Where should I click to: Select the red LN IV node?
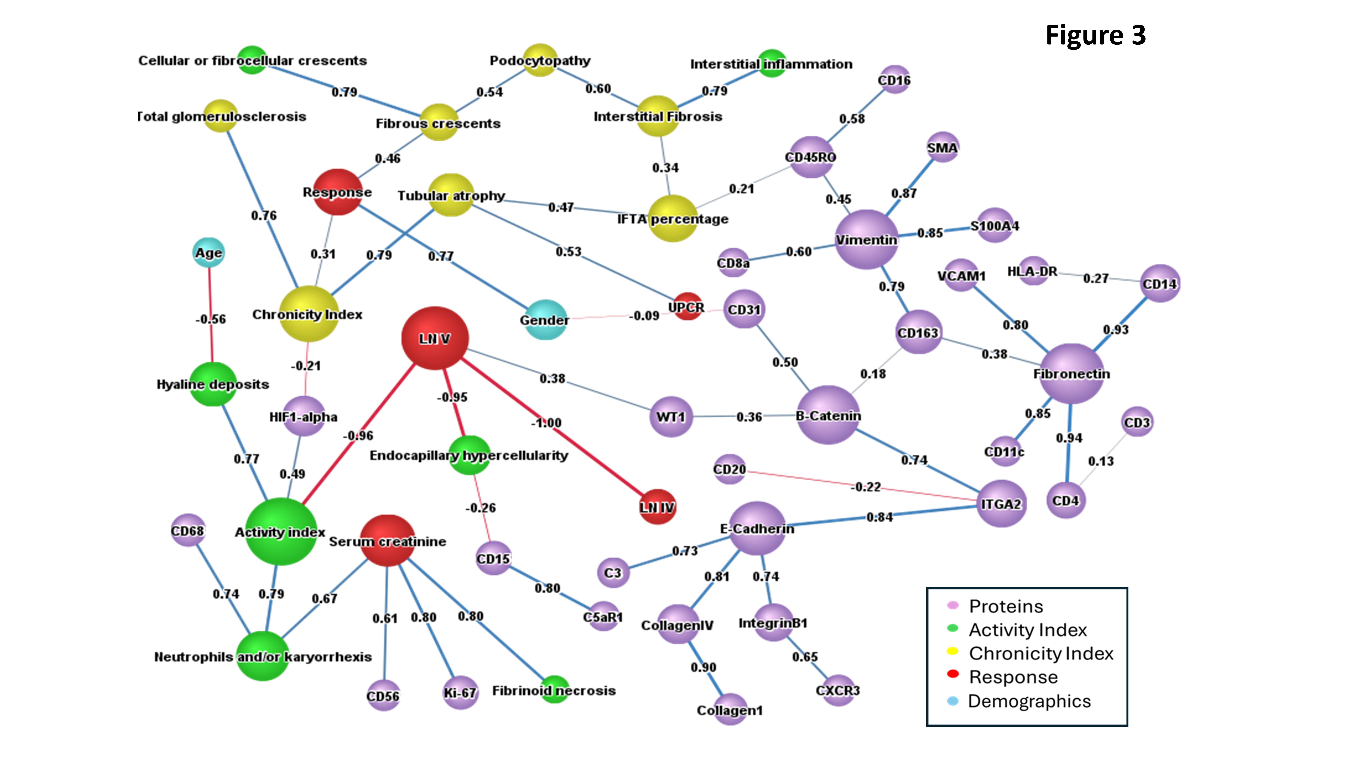tap(657, 506)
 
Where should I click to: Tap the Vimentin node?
tap(866, 240)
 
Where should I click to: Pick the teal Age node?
tap(209, 253)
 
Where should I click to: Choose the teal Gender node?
tap(545, 320)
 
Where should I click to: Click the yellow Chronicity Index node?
tap(308, 314)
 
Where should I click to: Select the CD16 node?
tap(894, 80)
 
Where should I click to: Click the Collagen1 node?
tap(730, 709)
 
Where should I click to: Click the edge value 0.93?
tap(1115, 330)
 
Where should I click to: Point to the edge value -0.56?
tap(211, 319)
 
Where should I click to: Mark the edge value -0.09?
tap(644, 315)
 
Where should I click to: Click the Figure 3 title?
tap(1095, 36)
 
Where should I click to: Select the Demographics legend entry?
tap(1029, 701)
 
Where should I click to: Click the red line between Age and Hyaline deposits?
tap(211, 340)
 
